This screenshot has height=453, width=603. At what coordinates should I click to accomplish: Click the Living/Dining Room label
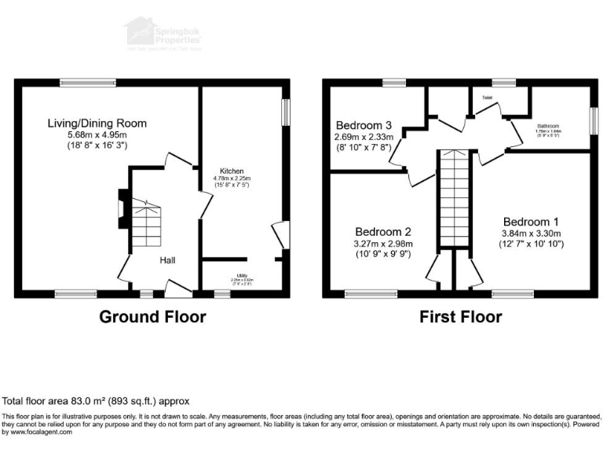pyautogui.click(x=97, y=123)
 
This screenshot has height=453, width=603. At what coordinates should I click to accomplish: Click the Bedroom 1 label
pyautogui.click(x=532, y=221)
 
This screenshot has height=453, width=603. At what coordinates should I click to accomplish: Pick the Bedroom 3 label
pyautogui.click(x=364, y=125)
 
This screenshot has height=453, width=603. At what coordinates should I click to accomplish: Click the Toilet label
pyautogui.click(x=487, y=98)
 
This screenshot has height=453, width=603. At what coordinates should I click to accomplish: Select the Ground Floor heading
pyautogui.click(x=152, y=317)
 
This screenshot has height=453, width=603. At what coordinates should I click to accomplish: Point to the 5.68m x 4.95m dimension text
pyautogui.click(x=97, y=135)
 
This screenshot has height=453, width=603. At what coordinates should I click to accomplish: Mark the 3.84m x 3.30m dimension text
pyautogui.click(x=532, y=233)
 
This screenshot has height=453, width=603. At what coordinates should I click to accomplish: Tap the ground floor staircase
pyautogui.click(x=145, y=223)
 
